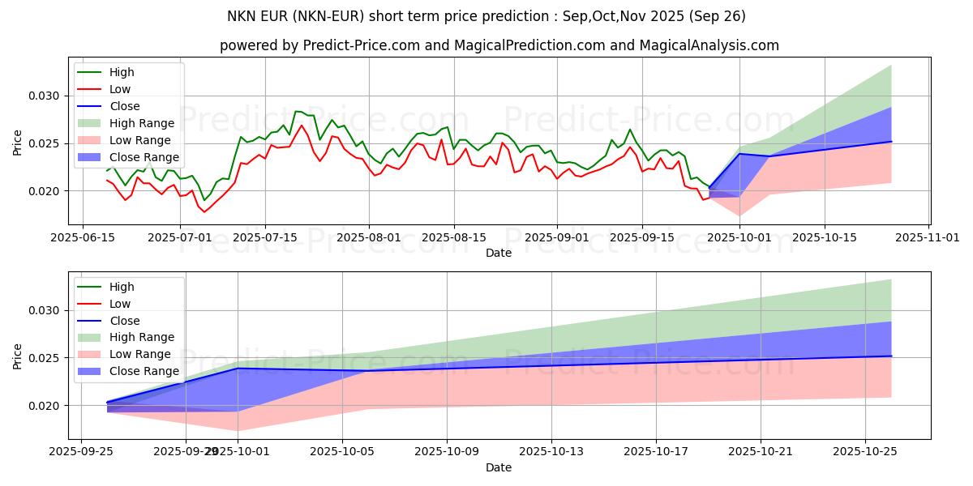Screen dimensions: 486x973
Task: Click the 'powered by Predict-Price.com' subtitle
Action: pyautogui.click(x=499, y=45)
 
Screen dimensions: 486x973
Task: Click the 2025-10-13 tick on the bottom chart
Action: pyautogui.click(x=551, y=452)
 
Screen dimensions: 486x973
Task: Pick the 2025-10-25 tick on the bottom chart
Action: pyautogui.click(x=865, y=452)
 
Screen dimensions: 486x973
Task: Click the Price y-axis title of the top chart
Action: pyautogui.click(x=18, y=143)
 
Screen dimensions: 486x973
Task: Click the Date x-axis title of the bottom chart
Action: pyautogui.click(x=499, y=467)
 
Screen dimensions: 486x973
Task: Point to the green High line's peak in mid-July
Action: pyautogui.click(x=298, y=111)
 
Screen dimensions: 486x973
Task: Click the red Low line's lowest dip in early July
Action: pyautogui.click(x=204, y=211)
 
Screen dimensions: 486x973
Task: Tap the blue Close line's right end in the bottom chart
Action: pyautogui.click(x=891, y=356)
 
